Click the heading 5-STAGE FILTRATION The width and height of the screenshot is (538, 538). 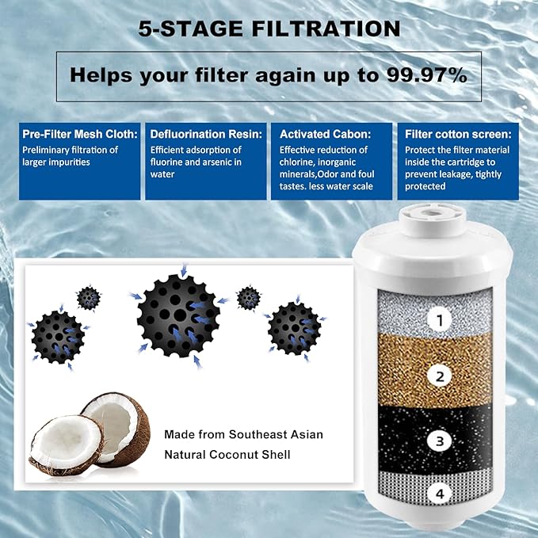point(269,29)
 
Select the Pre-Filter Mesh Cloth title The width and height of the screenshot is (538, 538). point(80,134)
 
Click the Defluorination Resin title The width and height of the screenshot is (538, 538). point(206,134)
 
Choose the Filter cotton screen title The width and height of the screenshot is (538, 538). point(458,134)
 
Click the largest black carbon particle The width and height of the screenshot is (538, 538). point(178,315)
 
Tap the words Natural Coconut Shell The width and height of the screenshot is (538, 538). point(227,454)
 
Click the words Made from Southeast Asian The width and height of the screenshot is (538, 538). point(243,434)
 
